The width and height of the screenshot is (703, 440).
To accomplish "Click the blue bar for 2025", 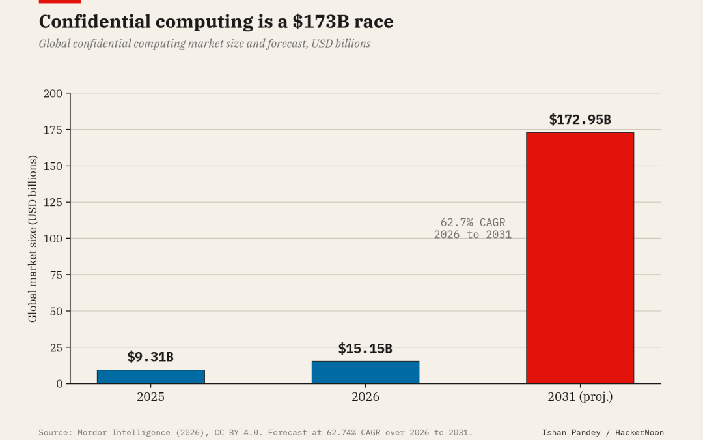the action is [150, 377].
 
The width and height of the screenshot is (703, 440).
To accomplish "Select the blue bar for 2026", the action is [365, 372].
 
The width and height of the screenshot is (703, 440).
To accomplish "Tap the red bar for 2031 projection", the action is [580, 258].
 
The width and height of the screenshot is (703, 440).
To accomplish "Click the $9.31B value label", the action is [150, 357].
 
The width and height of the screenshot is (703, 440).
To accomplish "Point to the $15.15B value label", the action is [365, 348].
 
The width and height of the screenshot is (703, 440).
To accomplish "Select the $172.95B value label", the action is [580, 119].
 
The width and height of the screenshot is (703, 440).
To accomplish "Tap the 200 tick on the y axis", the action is [53, 93].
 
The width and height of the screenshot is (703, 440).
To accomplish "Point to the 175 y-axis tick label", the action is [53, 130].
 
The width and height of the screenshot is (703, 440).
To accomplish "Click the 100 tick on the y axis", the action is [53, 239].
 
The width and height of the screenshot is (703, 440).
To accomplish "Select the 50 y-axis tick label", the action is [56, 311].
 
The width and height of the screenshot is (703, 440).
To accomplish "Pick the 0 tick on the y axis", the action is [60, 384].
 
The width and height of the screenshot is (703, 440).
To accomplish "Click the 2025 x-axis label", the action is [150, 397].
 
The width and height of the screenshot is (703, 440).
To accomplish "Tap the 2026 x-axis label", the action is [365, 397].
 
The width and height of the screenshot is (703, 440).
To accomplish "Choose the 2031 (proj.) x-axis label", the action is [580, 397].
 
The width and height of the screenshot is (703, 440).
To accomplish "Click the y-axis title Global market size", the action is [33, 239].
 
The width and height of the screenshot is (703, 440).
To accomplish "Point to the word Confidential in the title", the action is [94, 22].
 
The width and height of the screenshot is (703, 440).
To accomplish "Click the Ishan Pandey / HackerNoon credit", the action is [603, 433].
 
